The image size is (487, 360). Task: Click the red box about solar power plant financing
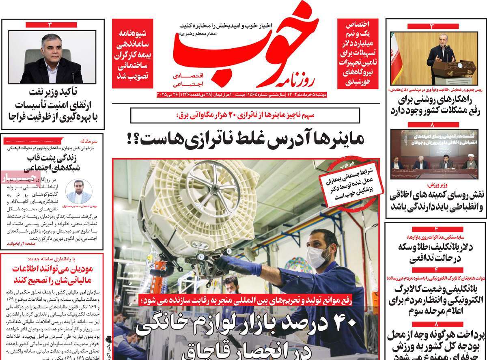(358, 54)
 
